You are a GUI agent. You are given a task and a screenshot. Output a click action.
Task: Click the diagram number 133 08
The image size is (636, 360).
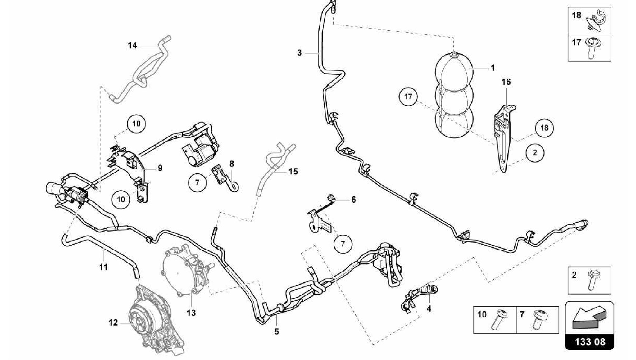(589, 342)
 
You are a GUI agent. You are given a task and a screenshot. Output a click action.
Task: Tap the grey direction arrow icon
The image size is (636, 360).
(588, 317)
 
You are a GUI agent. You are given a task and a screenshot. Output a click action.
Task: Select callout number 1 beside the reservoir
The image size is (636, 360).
(493, 68)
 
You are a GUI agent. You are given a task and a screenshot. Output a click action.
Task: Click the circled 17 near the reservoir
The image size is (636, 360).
(408, 97)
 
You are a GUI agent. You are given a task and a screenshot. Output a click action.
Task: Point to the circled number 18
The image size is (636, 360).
(544, 128)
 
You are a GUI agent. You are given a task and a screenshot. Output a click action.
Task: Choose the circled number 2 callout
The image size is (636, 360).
(535, 153)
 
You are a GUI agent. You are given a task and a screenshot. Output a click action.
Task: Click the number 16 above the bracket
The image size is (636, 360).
(506, 82)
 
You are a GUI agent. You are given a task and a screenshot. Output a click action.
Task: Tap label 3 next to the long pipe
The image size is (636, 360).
(299, 53)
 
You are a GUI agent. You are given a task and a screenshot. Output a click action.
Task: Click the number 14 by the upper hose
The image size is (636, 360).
(132, 46)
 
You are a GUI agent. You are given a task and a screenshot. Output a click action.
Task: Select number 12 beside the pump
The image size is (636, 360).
(113, 323)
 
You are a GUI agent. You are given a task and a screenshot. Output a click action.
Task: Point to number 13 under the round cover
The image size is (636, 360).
(191, 313)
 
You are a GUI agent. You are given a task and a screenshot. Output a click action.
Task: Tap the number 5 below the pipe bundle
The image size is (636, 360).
(276, 331)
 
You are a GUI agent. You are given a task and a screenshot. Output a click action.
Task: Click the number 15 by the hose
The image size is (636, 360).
(293, 171)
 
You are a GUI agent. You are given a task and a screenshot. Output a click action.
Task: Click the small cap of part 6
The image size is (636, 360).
(331, 197)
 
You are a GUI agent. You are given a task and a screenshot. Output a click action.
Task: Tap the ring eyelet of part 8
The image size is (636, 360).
(235, 187)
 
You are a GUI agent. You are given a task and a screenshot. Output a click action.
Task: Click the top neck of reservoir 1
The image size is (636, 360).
(454, 55)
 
